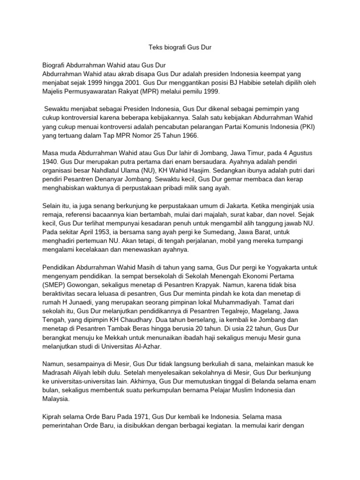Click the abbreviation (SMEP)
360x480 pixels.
pyautogui.click(x=56, y=285)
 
